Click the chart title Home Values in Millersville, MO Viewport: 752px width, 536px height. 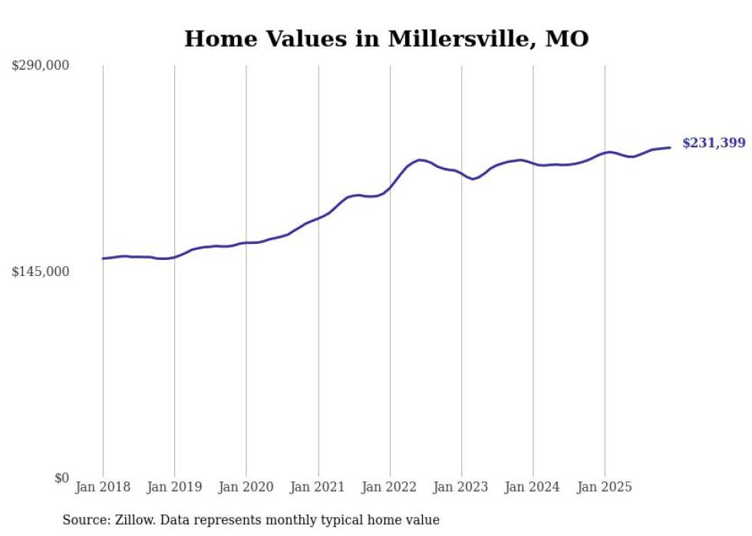click(x=386, y=38)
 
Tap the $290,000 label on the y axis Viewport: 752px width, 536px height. click(x=40, y=66)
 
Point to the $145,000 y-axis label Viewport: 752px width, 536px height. click(x=40, y=271)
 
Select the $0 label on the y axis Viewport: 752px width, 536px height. click(x=61, y=478)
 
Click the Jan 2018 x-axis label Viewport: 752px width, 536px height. click(x=103, y=487)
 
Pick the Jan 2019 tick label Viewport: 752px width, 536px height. click(x=174, y=487)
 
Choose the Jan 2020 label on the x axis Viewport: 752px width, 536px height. click(x=246, y=487)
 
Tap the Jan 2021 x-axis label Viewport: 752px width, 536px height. click(x=318, y=487)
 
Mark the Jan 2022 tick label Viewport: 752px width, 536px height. click(x=390, y=487)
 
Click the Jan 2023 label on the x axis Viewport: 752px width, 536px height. click(x=461, y=487)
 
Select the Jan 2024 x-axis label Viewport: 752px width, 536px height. click(x=533, y=487)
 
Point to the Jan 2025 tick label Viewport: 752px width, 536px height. click(x=605, y=487)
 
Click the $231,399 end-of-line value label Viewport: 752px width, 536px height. click(x=713, y=143)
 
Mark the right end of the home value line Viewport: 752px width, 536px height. click(x=670, y=147)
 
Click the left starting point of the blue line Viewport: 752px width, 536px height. click(x=103, y=258)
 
